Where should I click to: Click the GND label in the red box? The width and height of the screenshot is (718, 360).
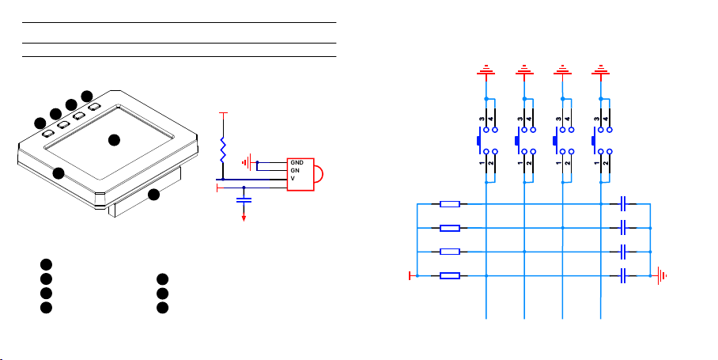coord(297,163)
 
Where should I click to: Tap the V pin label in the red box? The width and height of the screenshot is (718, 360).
coord(293,178)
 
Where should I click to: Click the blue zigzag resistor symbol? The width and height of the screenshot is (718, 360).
coord(223,150)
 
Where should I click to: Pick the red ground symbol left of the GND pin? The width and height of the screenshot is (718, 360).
coord(248,162)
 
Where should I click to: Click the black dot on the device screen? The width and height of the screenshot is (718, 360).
coord(114,140)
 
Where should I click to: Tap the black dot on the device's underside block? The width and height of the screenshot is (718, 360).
coord(154,194)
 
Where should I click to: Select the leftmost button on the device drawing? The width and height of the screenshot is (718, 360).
coord(48,134)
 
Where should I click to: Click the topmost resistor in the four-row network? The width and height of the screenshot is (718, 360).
coord(450,204)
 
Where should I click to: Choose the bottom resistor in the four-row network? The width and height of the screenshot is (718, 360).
coord(450,275)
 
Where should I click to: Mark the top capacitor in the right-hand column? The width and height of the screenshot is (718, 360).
coord(623,204)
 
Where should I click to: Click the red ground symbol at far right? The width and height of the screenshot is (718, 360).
coord(662,275)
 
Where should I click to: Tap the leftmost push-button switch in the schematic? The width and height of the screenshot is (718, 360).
coord(487,141)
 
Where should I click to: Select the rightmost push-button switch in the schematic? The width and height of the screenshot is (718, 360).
coord(601,141)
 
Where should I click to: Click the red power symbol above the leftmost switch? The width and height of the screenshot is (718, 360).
coord(486,70)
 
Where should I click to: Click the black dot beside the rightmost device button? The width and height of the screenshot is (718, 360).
coord(87,97)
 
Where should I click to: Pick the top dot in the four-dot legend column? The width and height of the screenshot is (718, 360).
coord(46,264)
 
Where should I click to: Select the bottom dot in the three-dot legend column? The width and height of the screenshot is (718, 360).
coord(162,308)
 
